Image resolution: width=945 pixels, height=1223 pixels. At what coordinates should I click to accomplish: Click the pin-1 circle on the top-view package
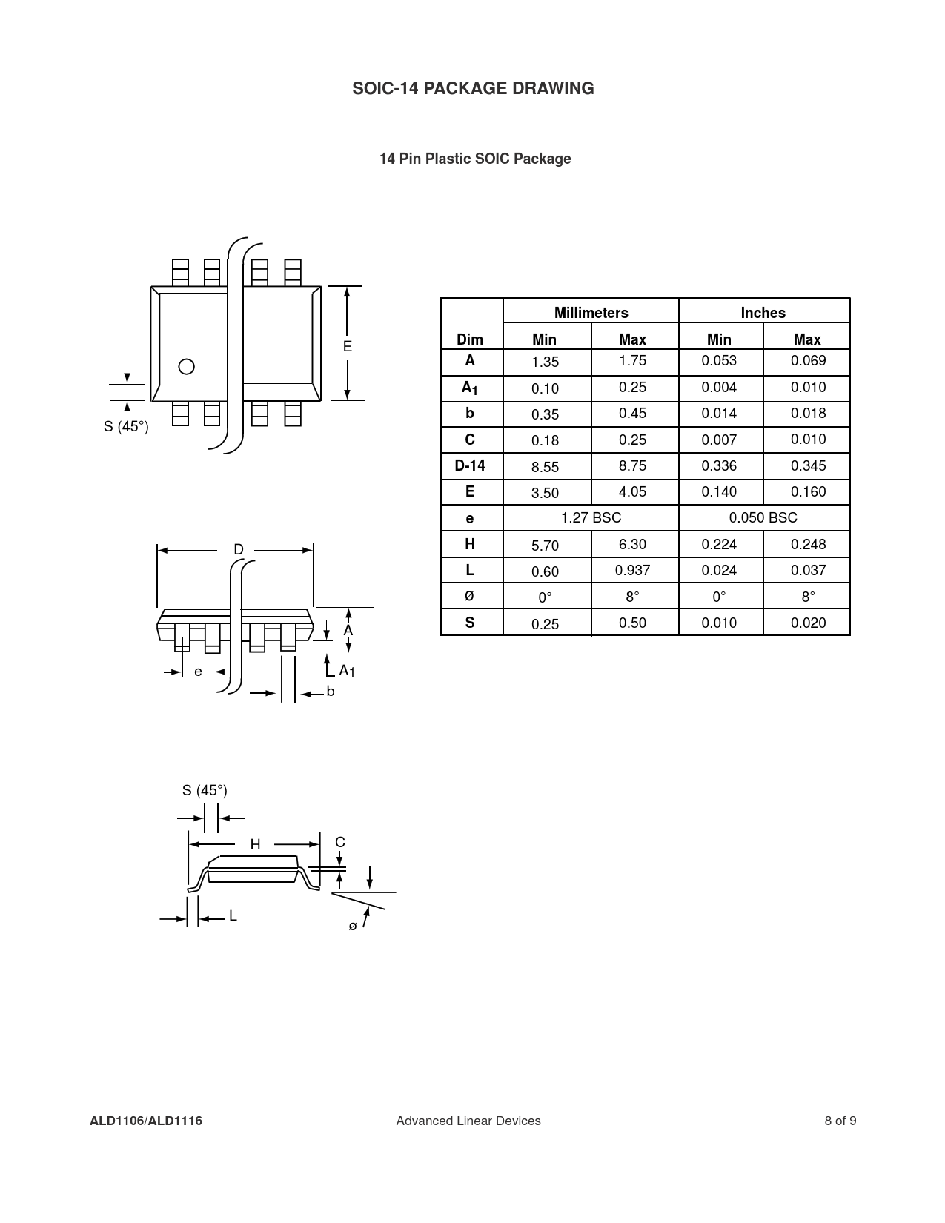coord(187,367)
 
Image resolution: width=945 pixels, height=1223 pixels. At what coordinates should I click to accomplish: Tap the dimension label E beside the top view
coord(347,347)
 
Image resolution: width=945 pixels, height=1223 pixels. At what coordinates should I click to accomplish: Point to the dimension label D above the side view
coord(239,550)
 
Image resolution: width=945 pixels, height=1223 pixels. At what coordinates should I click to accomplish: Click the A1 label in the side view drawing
coord(347,671)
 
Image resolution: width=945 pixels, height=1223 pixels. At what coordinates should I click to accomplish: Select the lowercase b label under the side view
coord(331,692)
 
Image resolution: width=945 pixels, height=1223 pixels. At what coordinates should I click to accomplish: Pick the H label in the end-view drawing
coord(255,844)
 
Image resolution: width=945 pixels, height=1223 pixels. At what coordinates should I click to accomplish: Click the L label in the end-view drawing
coord(233,916)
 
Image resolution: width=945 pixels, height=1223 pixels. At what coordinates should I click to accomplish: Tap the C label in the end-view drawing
coord(340,842)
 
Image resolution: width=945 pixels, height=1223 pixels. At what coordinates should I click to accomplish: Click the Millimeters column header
coord(591,313)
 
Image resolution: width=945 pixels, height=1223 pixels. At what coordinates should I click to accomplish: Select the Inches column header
coord(763,313)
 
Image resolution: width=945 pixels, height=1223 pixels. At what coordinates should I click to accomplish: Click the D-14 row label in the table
coord(470,465)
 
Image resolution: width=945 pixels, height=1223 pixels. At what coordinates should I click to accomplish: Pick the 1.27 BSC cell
coord(591,517)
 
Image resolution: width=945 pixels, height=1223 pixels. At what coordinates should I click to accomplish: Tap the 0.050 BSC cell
coord(763,517)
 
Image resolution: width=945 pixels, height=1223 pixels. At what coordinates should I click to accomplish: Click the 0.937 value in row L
coord(632,570)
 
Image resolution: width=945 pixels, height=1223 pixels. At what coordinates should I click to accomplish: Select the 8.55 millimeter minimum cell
coord(545,467)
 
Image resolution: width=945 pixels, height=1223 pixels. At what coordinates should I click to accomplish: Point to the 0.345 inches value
coord(808,465)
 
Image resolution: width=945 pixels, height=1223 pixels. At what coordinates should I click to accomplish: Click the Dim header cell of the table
coord(470,339)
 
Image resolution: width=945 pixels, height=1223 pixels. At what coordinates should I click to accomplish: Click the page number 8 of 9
coord(840,1121)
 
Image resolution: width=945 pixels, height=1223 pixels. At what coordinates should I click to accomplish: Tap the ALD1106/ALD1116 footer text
coord(146,1121)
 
